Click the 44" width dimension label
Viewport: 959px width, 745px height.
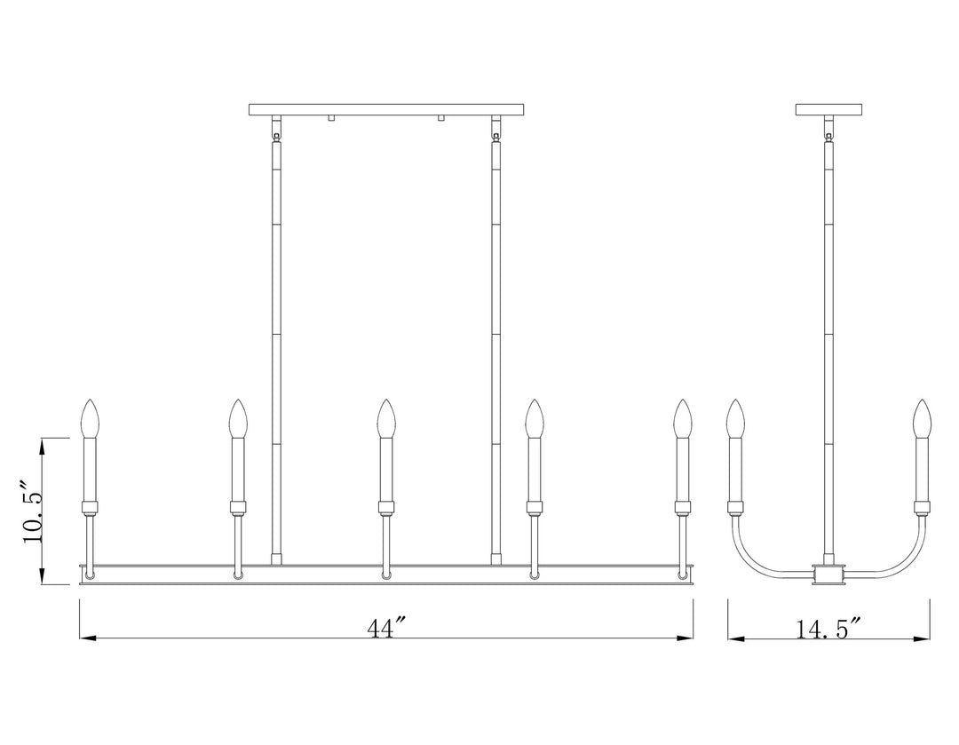tap(386, 628)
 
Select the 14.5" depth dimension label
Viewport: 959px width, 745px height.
tap(828, 629)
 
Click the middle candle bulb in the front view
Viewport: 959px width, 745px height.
tap(385, 418)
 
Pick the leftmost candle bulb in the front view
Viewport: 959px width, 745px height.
tap(90, 418)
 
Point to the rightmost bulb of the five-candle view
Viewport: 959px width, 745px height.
tap(682, 418)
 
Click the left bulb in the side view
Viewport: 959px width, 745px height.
tap(735, 418)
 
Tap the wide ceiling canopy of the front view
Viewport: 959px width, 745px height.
tap(386, 110)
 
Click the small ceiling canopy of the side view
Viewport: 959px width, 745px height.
tap(828, 110)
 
